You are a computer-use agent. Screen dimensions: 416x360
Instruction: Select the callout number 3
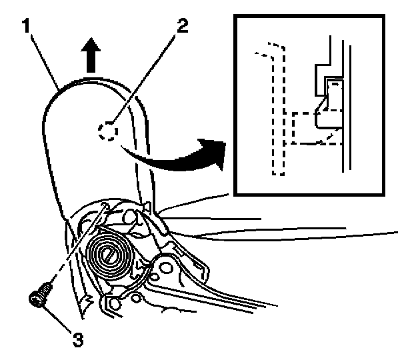coord(79,338)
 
